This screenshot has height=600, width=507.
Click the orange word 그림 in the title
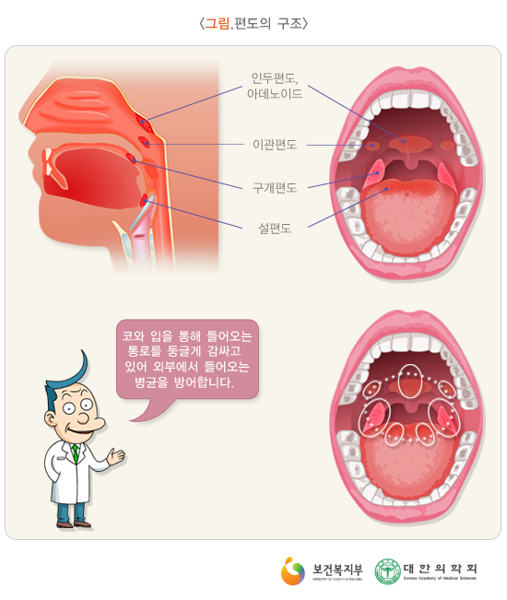[x=217, y=24]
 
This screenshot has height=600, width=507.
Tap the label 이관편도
[x=275, y=145]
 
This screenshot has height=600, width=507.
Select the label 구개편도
[x=275, y=187]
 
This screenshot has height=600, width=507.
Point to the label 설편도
[x=275, y=229]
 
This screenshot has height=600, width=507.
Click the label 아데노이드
[x=275, y=94]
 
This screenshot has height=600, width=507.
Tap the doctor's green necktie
[x=76, y=453]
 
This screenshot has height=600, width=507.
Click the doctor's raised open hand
[x=116, y=457]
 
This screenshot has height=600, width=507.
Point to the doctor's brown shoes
[x=74, y=524]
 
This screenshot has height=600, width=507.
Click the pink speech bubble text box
[x=187, y=359]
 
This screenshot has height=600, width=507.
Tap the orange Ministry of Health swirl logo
[x=293, y=571]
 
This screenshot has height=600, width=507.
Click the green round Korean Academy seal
[x=387, y=571]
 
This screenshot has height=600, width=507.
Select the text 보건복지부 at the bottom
[x=337, y=570]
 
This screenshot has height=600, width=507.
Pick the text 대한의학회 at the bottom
[x=441, y=569]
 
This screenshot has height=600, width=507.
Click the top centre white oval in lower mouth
[x=410, y=382]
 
